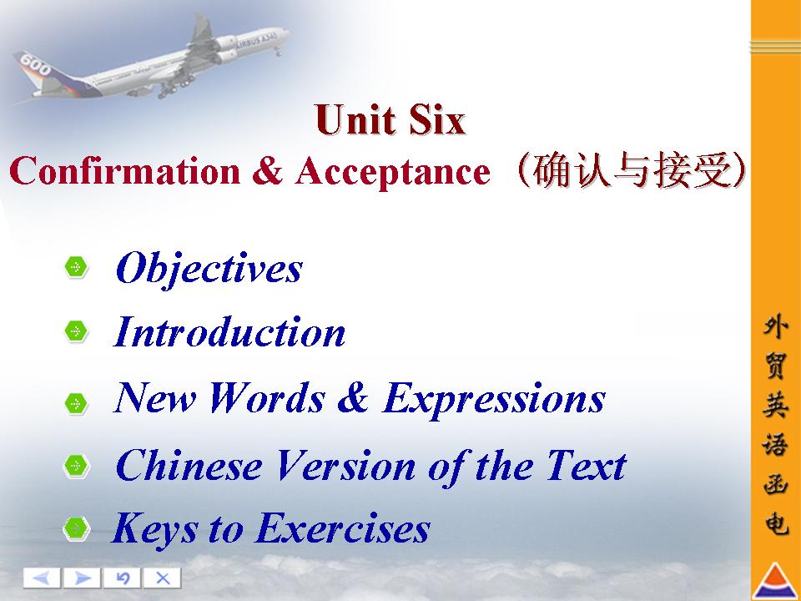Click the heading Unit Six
pyautogui.click(x=390, y=119)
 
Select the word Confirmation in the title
pyautogui.click(x=124, y=170)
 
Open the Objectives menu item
pyautogui.click(x=209, y=269)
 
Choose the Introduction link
pyautogui.click(x=229, y=332)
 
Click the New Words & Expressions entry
pyautogui.click(x=360, y=400)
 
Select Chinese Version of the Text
pyautogui.click(x=370, y=466)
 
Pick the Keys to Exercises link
pyautogui.click(x=270, y=529)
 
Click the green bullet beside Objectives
pyautogui.click(x=76, y=267)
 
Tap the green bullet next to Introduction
pyautogui.click(x=76, y=331)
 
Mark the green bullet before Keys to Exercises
pyautogui.click(x=76, y=528)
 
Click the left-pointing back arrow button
pyautogui.click(x=42, y=578)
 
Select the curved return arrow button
pyautogui.click(x=122, y=578)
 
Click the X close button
pyautogui.click(x=162, y=578)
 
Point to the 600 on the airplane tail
pyautogui.click(x=35, y=65)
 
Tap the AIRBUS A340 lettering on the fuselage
pyautogui.click(x=256, y=39)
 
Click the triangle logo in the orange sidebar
pyautogui.click(x=776, y=581)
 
